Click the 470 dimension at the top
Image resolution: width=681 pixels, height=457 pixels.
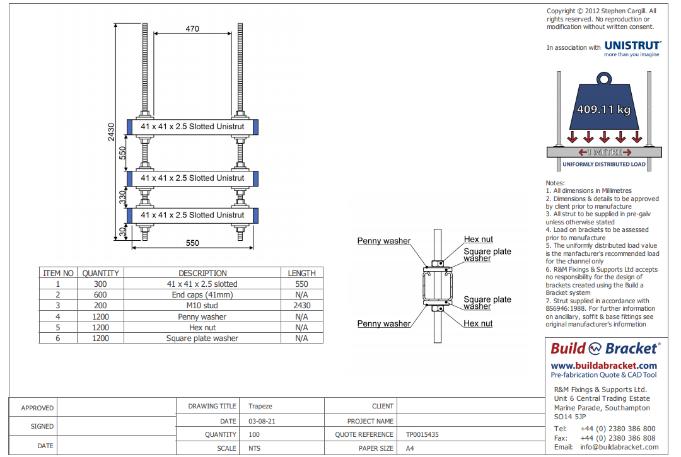pyautogui.click(x=192, y=28)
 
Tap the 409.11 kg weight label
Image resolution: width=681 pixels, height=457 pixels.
pyautogui.click(x=603, y=109)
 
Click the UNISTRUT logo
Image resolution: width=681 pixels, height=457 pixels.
pyautogui.click(x=632, y=46)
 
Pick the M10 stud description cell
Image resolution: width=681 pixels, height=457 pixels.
pyautogui.click(x=202, y=306)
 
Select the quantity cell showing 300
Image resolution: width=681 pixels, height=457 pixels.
pyautogui.click(x=100, y=284)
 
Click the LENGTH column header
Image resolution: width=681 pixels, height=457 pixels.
pyautogui.click(x=301, y=273)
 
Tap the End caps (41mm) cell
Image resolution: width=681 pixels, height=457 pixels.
pyautogui.click(x=202, y=295)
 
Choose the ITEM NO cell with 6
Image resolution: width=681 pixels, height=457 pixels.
pyautogui.click(x=58, y=338)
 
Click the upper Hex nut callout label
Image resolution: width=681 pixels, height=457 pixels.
pyautogui.click(x=479, y=240)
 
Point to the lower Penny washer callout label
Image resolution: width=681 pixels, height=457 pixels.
pyautogui.click(x=383, y=324)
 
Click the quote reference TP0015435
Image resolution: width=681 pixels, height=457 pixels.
pyautogui.click(x=422, y=434)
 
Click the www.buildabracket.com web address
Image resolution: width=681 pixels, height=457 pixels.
pyautogui.click(x=603, y=366)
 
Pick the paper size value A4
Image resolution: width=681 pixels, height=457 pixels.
pyautogui.click(x=410, y=448)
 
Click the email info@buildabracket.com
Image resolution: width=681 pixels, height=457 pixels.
pyautogui.click(x=619, y=447)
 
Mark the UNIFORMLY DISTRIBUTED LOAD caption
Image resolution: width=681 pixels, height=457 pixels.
pyautogui.click(x=603, y=165)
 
